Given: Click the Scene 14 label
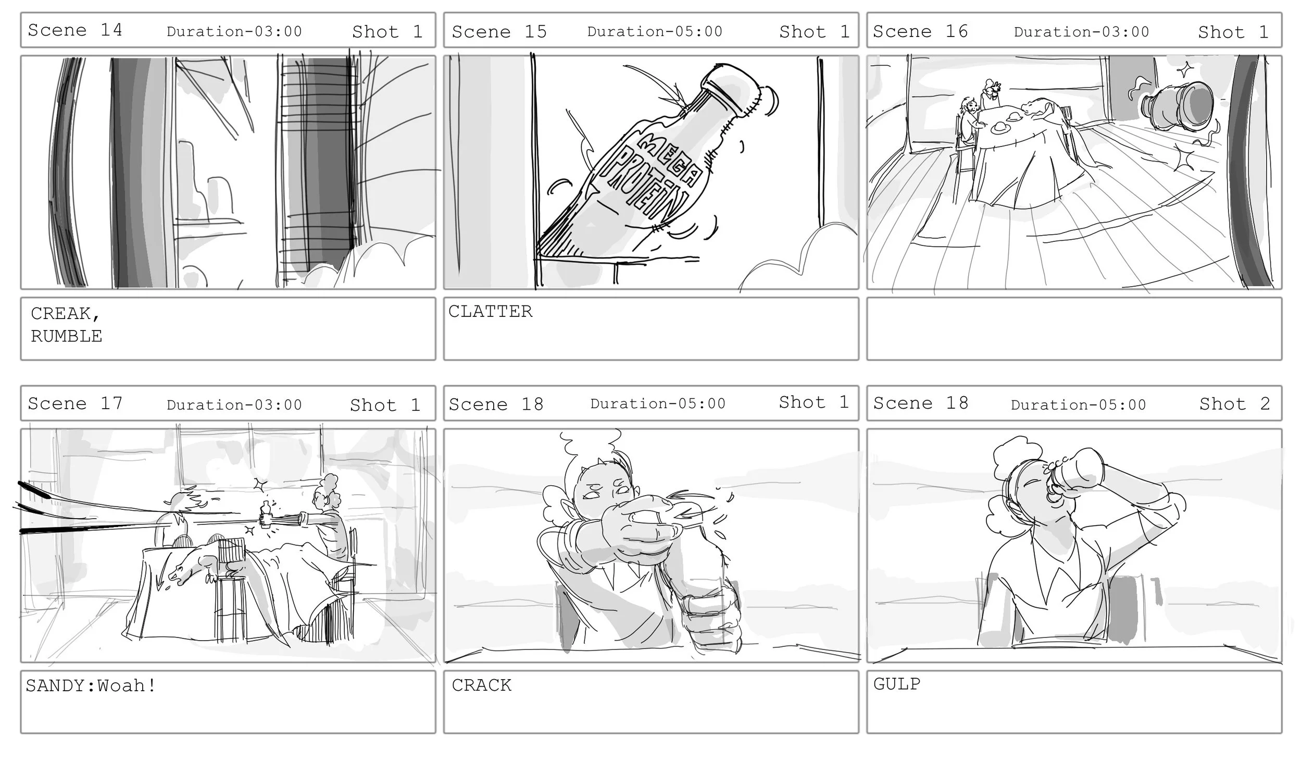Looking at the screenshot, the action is point(75,30).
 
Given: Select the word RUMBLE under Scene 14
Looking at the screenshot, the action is point(66,336).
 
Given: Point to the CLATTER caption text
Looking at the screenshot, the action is point(490,311).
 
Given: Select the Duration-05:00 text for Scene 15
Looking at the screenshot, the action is point(655,31).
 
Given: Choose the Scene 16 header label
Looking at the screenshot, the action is point(920,31).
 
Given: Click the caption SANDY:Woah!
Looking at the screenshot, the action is point(91,685).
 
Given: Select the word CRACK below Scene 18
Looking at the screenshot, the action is point(481,685).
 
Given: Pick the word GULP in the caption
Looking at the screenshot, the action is point(896,683).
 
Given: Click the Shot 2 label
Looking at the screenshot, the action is point(1234,403).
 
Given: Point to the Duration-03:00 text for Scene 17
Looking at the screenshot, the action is point(234,405).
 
